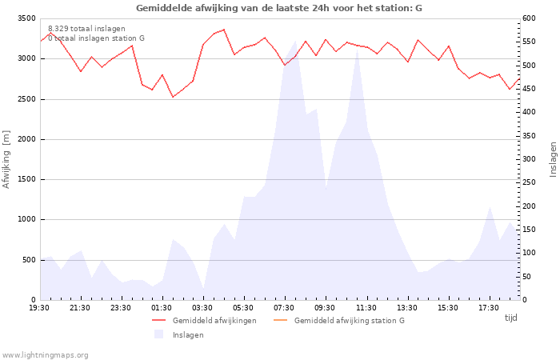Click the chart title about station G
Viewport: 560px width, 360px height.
coord(279,8)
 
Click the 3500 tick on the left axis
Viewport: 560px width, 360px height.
coord(26,18)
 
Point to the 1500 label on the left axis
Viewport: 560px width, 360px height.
coord(26,179)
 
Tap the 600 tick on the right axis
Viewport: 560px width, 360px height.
coord(529,18)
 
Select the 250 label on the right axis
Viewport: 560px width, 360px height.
coord(529,182)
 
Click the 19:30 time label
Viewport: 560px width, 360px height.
coord(39,308)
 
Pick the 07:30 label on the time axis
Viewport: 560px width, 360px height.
coord(284,308)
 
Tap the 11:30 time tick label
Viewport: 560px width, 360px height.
coord(366,308)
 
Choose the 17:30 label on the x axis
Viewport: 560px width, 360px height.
coord(489,308)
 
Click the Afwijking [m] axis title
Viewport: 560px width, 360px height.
coord(6,159)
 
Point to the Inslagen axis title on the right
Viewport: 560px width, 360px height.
coord(554,159)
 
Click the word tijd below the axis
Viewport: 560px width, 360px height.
coord(510,318)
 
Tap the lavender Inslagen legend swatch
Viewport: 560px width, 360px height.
coord(158,334)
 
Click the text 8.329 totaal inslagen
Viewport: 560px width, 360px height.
coord(86,29)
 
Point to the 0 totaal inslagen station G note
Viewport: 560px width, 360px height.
coord(97,38)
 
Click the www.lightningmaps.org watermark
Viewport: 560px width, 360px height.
coord(45,355)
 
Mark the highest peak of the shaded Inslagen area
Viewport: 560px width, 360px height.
coord(296,41)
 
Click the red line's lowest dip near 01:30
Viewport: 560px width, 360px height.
coord(173,97)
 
